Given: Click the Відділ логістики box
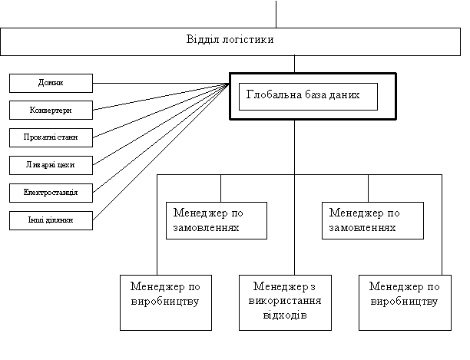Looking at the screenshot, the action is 230,41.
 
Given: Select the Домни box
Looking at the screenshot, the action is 51,83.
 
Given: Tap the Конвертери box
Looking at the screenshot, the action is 51,111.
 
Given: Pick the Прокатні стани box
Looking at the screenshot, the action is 51,137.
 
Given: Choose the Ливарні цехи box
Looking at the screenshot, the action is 51,165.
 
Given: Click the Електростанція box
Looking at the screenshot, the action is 51,193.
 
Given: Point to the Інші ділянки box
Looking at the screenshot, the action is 51,221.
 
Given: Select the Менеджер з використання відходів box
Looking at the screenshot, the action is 285,302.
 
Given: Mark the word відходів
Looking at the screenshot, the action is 285,315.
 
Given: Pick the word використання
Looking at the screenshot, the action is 285,300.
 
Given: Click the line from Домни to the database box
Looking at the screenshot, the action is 161,83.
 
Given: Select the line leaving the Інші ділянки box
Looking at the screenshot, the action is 161,152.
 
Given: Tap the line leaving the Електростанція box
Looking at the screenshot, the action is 161,138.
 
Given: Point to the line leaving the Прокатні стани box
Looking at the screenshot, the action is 161,111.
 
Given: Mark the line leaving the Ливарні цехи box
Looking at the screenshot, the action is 161,124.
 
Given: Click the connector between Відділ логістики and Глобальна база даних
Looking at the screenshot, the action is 294,64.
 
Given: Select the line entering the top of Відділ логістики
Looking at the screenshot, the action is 276,14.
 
